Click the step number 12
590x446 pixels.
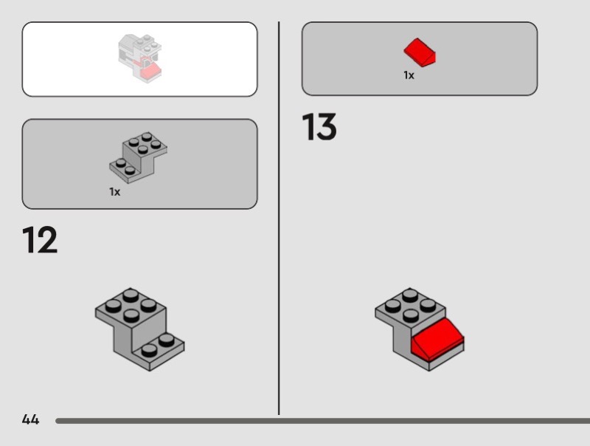40,239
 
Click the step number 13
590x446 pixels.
319,126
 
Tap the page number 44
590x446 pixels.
30,419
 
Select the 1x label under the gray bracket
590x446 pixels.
115,192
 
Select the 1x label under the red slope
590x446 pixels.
409,75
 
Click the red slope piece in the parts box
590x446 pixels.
420,52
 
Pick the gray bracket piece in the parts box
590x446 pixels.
138,157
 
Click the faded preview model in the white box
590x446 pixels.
140,58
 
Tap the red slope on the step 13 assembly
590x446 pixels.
437,338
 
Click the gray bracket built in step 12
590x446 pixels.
139,329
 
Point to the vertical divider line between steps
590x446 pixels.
279,218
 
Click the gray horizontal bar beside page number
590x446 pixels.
322,421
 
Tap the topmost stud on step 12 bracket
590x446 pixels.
131,294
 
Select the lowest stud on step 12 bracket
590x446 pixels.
150,351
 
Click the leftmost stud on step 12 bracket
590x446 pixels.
114,306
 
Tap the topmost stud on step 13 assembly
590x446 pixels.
410,294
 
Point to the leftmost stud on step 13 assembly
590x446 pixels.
393,306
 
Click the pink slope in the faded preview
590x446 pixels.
150,70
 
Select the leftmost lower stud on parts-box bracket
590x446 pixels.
121,163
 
